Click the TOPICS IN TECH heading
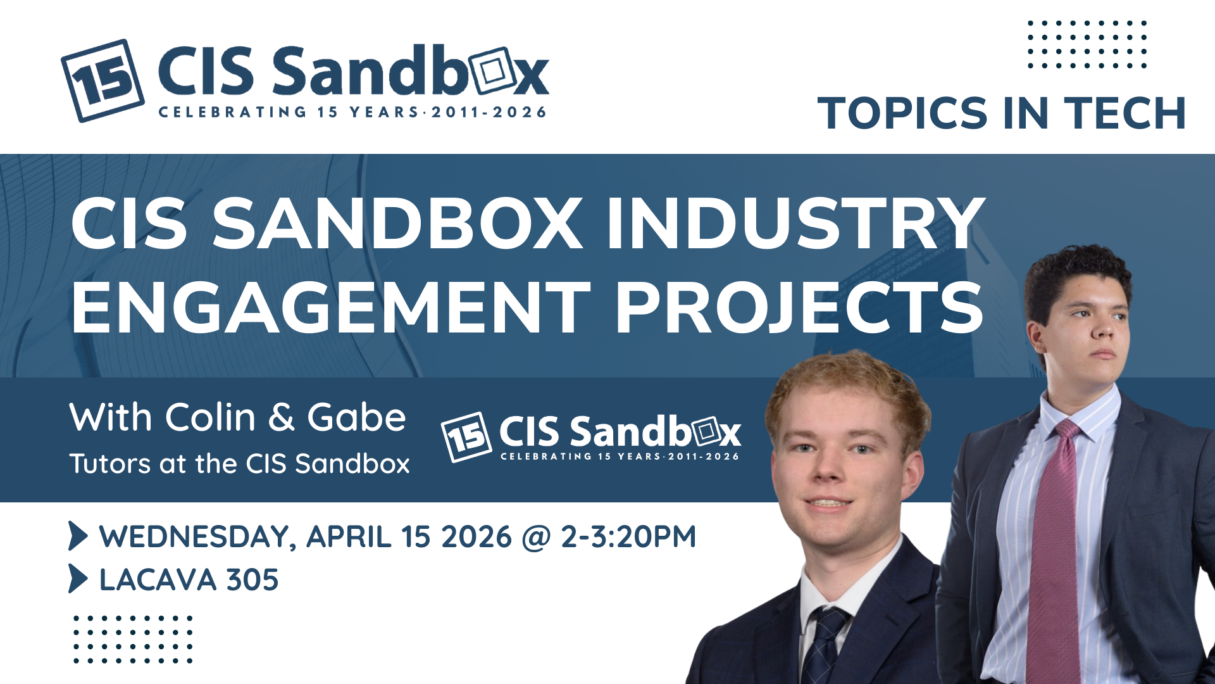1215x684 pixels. (x=1002, y=113)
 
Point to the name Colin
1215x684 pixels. (x=210, y=417)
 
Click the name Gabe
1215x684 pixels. (x=356, y=417)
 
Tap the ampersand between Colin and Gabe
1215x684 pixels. (x=282, y=418)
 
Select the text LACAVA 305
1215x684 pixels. (x=189, y=579)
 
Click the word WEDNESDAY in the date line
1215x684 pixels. (x=198, y=537)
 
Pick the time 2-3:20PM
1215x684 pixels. (x=628, y=536)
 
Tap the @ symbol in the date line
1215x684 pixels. (x=536, y=538)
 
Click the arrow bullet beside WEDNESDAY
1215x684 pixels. (x=78, y=536)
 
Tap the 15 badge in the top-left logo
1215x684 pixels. (x=103, y=80)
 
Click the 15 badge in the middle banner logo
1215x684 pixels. (x=466, y=437)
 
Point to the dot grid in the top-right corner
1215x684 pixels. (x=1087, y=44)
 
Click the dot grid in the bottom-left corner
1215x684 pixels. (x=133, y=639)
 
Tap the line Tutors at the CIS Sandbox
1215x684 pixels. (x=239, y=464)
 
